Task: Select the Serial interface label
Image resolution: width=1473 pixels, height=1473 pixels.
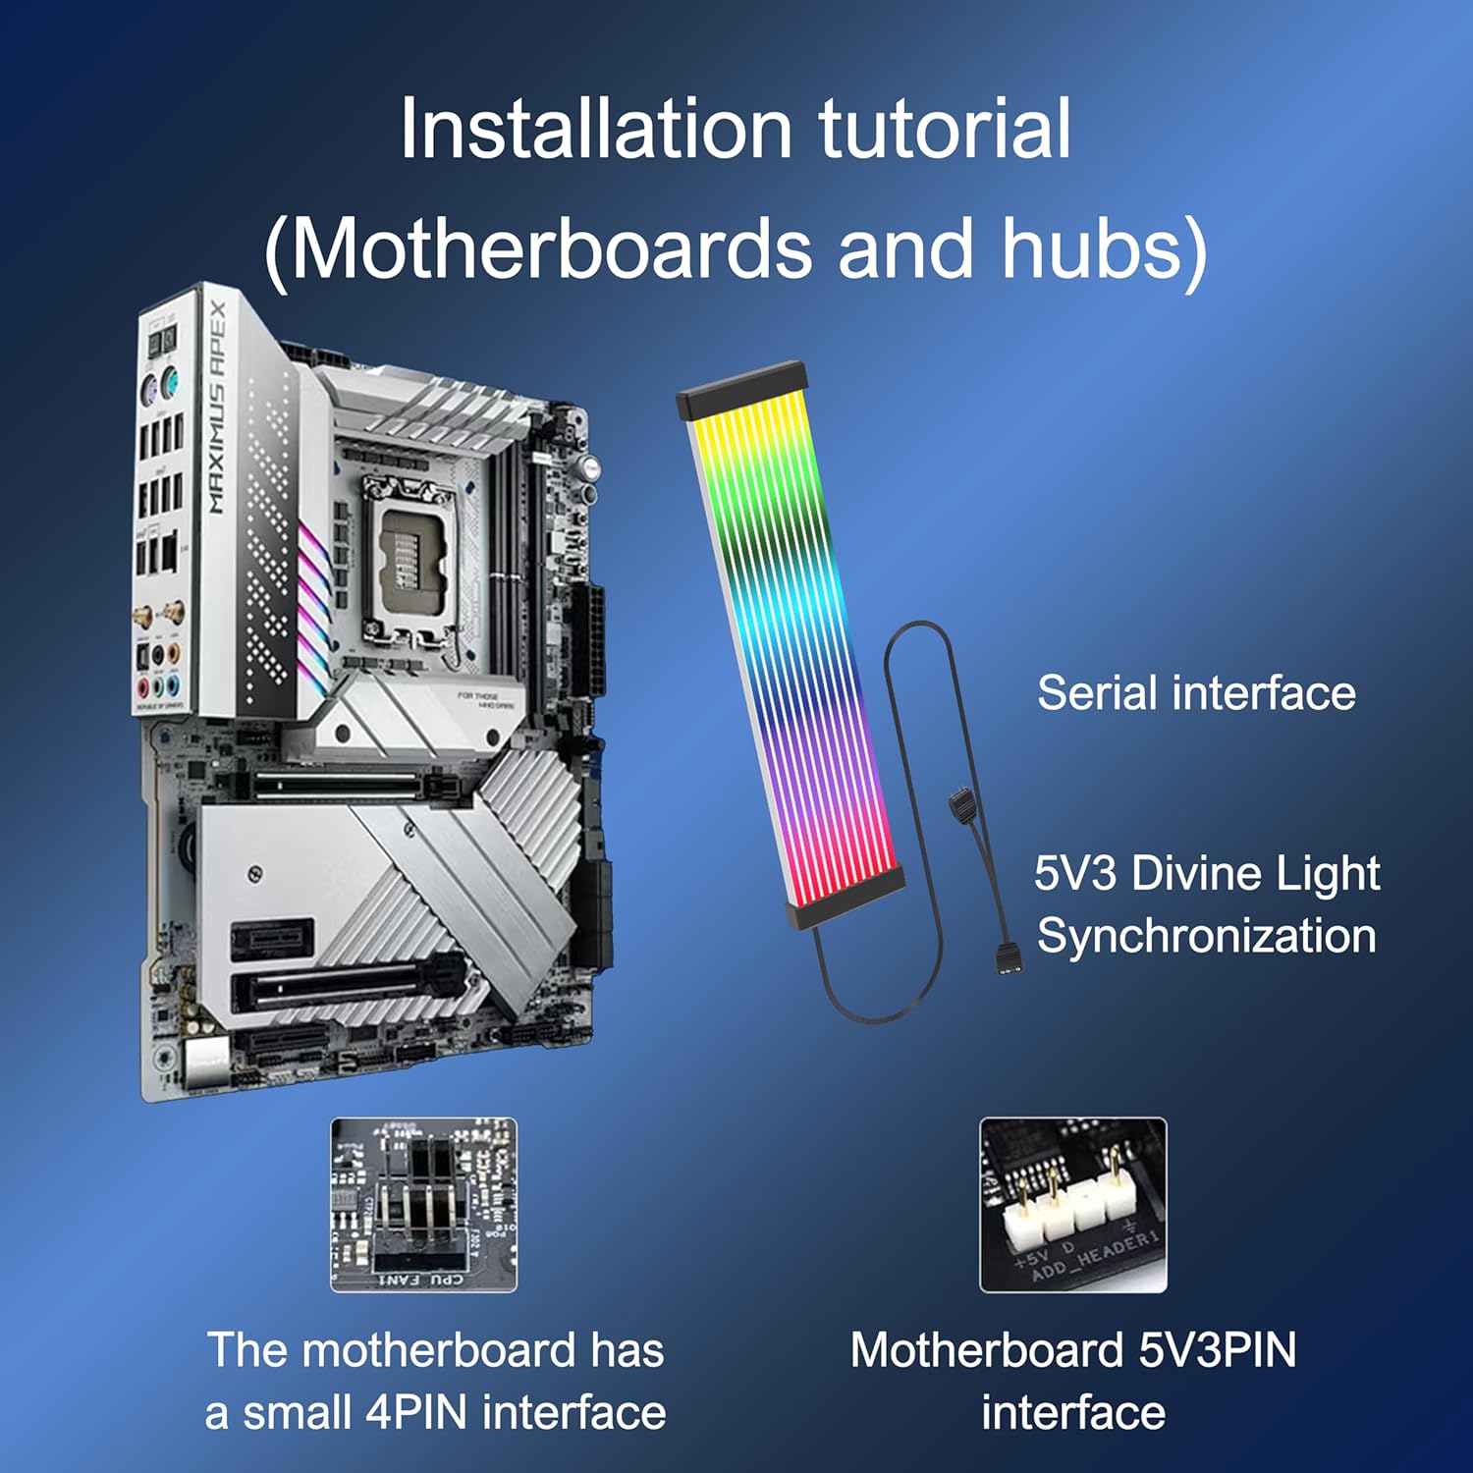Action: (x=1196, y=693)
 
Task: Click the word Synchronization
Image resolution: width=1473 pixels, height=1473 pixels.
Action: (x=1206, y=936)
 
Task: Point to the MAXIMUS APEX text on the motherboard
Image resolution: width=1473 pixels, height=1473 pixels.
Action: (x=217, y=407)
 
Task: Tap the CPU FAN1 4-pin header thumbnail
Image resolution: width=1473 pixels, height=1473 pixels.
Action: (x=423, y=1205)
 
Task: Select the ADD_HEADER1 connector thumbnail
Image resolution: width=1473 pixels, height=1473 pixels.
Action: (x=1072, y=1205)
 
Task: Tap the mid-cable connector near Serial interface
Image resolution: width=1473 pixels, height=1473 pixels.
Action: (x=962, y=806)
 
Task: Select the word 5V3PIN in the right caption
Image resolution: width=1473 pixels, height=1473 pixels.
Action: (x=1217, y=1350)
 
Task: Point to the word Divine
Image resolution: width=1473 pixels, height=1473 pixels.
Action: (x=1195, y=873)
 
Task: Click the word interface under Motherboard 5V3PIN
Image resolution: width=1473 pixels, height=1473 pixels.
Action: (x=1072, y=1413)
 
